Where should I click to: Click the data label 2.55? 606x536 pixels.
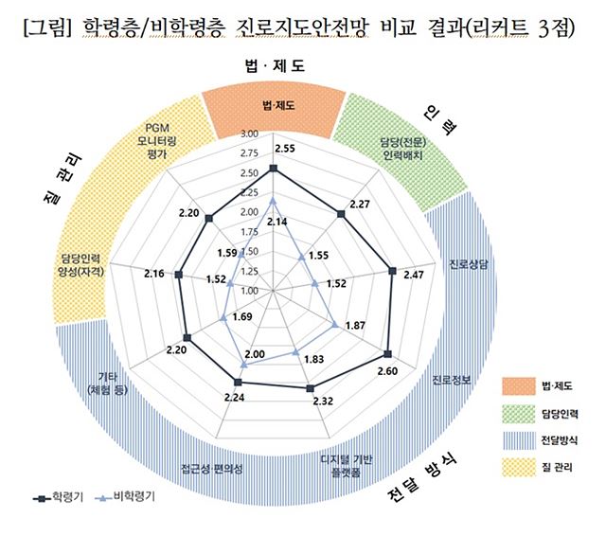pos(284,149)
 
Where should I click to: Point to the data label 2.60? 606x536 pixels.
pos(386,370)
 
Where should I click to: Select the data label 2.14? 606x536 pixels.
pos(277,221)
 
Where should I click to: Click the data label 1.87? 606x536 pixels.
pos(356,326)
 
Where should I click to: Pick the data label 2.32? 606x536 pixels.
pos(322,401)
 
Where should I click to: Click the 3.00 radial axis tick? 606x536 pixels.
pos(250,134)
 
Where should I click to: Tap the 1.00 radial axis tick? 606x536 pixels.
pos(250,290)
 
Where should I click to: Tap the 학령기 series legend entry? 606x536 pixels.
pos(58,495)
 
